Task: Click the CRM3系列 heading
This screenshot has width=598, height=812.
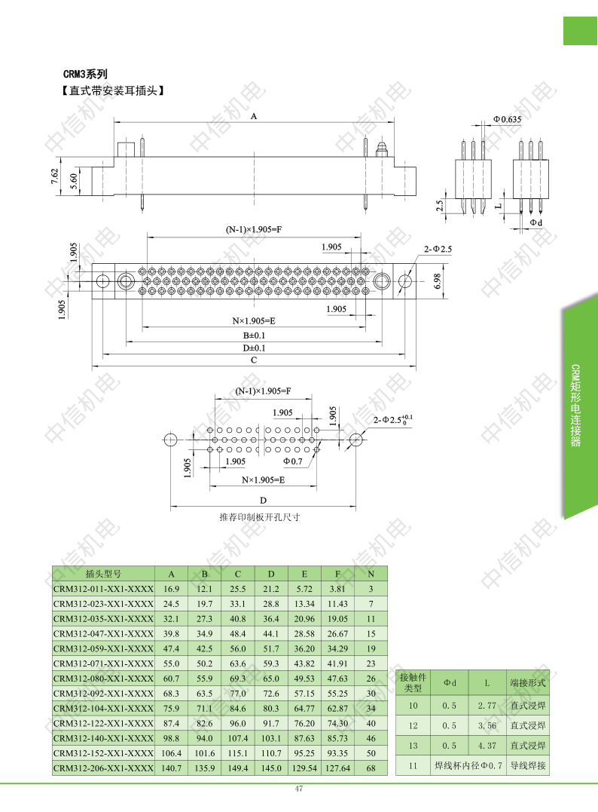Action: pyautogui.click(x=85, y=74)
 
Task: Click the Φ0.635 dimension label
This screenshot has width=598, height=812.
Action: pyautogui.click(x=507, y=119)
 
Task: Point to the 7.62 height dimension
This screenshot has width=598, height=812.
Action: pyautogui.click(x=55, y=176)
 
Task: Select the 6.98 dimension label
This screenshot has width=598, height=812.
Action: pyautogui.click(x=438, y=281)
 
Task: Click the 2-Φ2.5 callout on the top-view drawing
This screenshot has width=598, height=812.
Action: pyautogui.click(x=438, y=249)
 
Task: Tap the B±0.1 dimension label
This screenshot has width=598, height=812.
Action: pyautogui.click(x=254, y=336)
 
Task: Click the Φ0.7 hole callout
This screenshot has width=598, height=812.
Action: pyautogui.click(x=292, y=461)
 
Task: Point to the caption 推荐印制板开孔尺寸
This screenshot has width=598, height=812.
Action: pyautogui.click(x=260, y=516)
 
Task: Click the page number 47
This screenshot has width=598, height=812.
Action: pyautogui.click(x=298, y=789)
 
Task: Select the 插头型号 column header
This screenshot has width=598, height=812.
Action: pyautogui.click(x=103, y=574)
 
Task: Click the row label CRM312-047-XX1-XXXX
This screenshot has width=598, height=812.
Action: pyautogui.click(x=103, y=634)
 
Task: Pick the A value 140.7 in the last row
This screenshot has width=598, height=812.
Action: pyautogui.click(x=171, y=768)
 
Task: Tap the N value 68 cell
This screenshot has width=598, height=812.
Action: pyautogui.click(x=371, y=768)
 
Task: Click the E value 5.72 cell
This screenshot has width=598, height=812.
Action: pyautogui.click(x=304, y=589)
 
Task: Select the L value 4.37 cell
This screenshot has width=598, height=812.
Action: pyautogui.click(x=487, y=746)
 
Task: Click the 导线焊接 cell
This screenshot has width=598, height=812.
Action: pyautogui.click(x=528, y=765)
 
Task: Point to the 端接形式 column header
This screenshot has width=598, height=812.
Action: pyautogui.click(x=528, y=682)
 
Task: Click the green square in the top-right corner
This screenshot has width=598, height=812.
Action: pyautogui.click(x=580, y=31)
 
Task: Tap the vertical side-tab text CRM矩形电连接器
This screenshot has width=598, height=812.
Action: pyautogui.click(x=575, y=406)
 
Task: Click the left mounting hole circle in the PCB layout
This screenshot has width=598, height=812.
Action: pyautogui.click(x=170, y=440)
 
